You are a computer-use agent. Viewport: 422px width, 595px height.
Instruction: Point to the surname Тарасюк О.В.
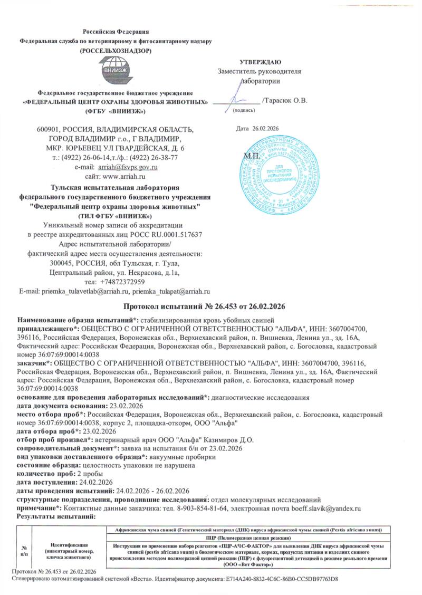285,100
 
